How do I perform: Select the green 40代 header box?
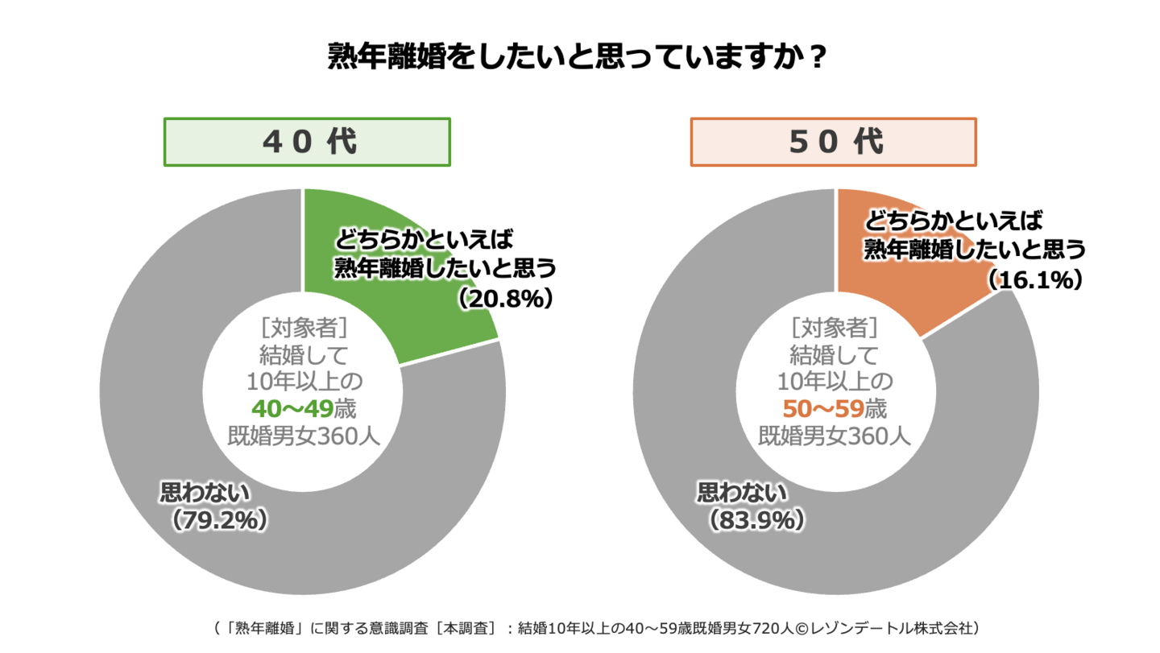[x=307, y=143]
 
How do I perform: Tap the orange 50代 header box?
[x=833, y=143]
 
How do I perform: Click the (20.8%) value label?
[x=506, y=299]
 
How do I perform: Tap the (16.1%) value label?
[x=1034, y=279]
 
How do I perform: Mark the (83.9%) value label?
[x=756, y=520]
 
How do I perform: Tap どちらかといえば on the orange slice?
[x=955, y=220]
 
